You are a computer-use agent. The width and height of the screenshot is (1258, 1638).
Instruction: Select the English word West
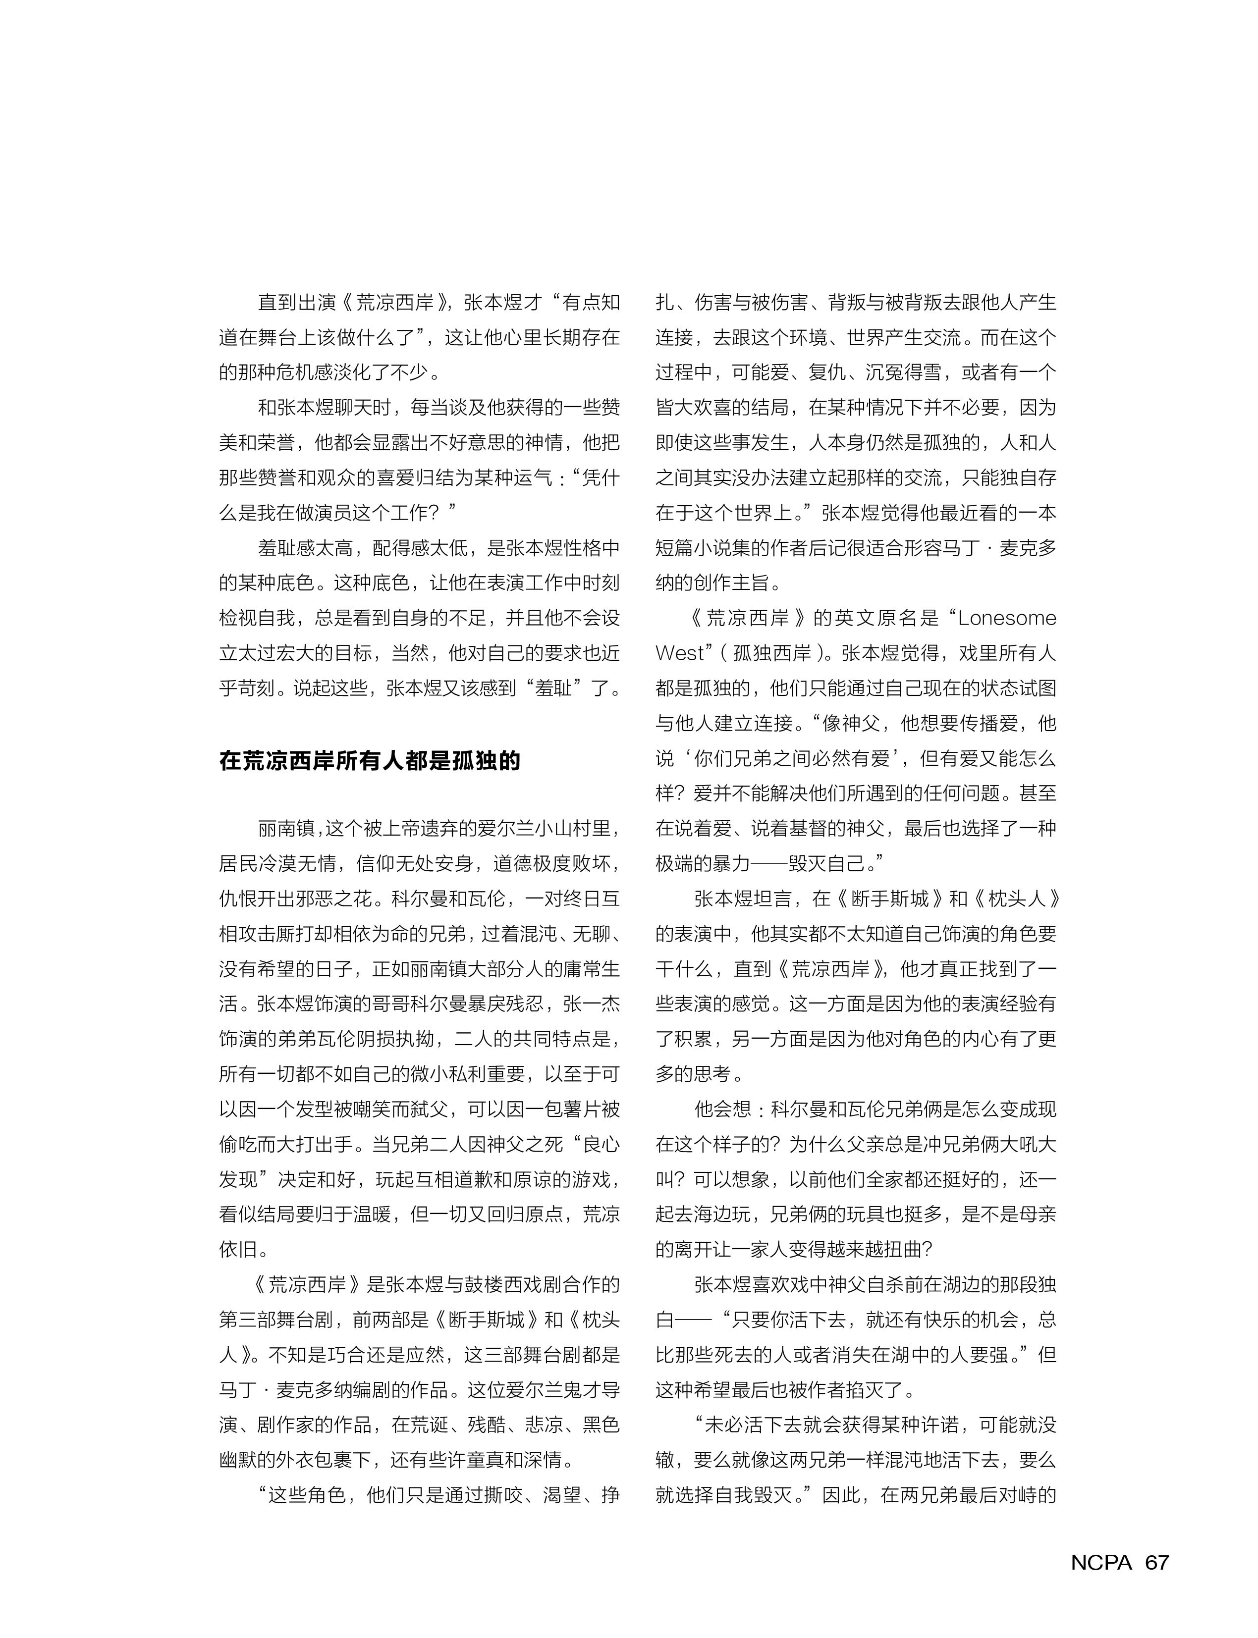click(680, 653)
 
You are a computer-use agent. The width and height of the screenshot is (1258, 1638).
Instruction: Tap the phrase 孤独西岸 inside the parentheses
click(771, 653)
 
